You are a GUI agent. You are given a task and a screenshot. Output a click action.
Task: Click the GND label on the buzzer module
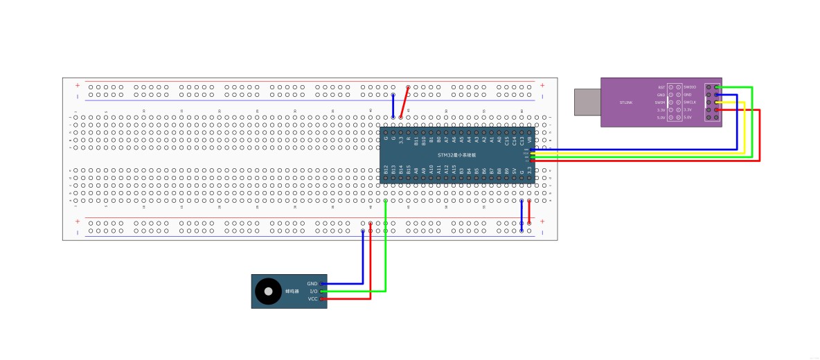pos(312,284)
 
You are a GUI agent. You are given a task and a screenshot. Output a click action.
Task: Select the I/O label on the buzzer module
pos(313,291)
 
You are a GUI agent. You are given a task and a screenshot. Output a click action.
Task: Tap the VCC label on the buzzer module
pos(312,299)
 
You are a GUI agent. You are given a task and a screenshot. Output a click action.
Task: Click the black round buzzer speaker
pos(267,291)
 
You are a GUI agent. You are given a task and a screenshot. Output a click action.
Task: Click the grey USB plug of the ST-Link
pos(587,102)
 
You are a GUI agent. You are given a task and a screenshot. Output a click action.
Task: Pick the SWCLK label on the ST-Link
pos(691,102)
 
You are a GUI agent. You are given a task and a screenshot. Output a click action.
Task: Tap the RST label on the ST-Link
pos(661,87)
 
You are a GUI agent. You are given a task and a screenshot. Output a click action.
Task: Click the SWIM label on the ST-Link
pos(660,102)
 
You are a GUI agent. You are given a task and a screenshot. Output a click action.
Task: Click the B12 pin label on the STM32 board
pos(386,169)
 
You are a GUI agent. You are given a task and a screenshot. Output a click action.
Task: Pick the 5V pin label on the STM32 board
pos(515,170)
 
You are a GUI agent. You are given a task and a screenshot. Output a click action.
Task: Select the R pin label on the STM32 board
pos(409,139)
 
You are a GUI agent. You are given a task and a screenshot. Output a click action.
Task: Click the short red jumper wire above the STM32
pos(404,102)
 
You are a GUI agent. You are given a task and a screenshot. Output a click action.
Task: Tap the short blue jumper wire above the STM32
pos(393,106)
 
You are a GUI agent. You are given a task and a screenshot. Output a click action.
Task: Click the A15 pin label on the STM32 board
pos(454,169)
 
